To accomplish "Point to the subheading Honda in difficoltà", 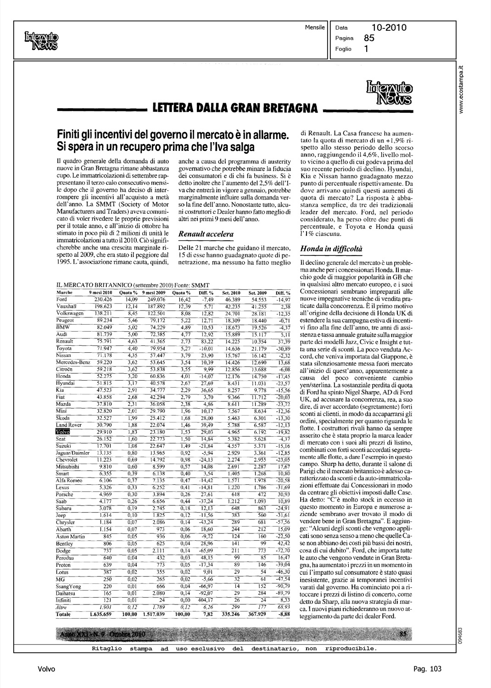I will coord(331,249).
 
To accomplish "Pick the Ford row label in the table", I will coord(61,299).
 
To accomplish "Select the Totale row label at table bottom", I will coord(64,614).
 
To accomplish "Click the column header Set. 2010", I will coord(231,293).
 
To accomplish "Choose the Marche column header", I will coord(64,293).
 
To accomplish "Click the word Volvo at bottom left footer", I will coord(46,669).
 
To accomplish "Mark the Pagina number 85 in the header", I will coord(369,39).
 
